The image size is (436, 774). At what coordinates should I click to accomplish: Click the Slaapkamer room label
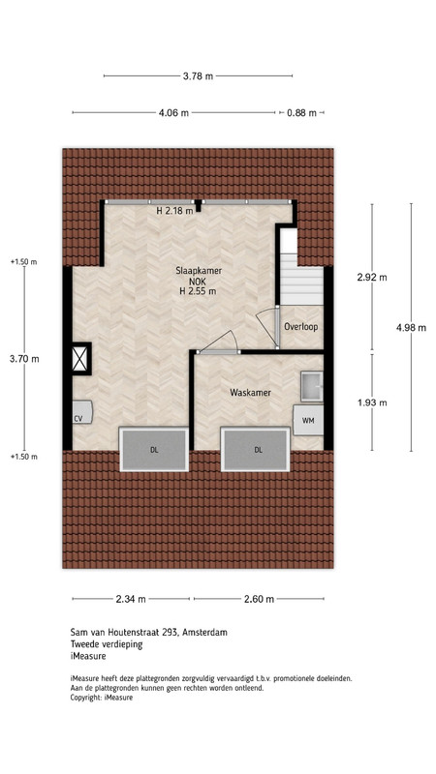click(199, 271)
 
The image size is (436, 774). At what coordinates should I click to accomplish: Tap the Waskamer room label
click(250, 393)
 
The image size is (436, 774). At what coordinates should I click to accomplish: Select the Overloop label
click(300, 327)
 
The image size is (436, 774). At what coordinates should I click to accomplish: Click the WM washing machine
click(308, 420)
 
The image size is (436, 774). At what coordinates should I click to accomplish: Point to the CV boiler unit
click(82, 412)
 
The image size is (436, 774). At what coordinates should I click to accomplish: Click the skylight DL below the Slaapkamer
click(154, 449)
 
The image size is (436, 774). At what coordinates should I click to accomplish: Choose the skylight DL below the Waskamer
click(256, 449)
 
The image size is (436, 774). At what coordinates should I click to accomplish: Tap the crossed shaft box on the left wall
click(80, 358)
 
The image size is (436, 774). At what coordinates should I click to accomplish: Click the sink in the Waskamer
click(312, 385)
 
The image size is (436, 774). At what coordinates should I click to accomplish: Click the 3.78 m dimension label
click(198, 76)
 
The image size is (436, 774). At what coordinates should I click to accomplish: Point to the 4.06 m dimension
click(173, 112)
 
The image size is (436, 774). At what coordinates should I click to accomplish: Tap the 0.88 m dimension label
click(301, 113)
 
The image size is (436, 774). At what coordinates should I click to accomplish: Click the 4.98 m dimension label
click(411, 327)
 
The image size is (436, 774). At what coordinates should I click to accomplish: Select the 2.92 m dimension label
click(372, 277)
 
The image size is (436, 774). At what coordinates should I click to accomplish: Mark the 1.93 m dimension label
click(372, 402)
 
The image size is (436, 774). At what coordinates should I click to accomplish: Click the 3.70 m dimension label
click(24, 359)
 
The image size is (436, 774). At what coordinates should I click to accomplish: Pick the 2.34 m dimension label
click(131, 599)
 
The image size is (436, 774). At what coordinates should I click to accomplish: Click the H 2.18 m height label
click(174, 211)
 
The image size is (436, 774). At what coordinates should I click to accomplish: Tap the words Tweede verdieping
click(107, 644)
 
